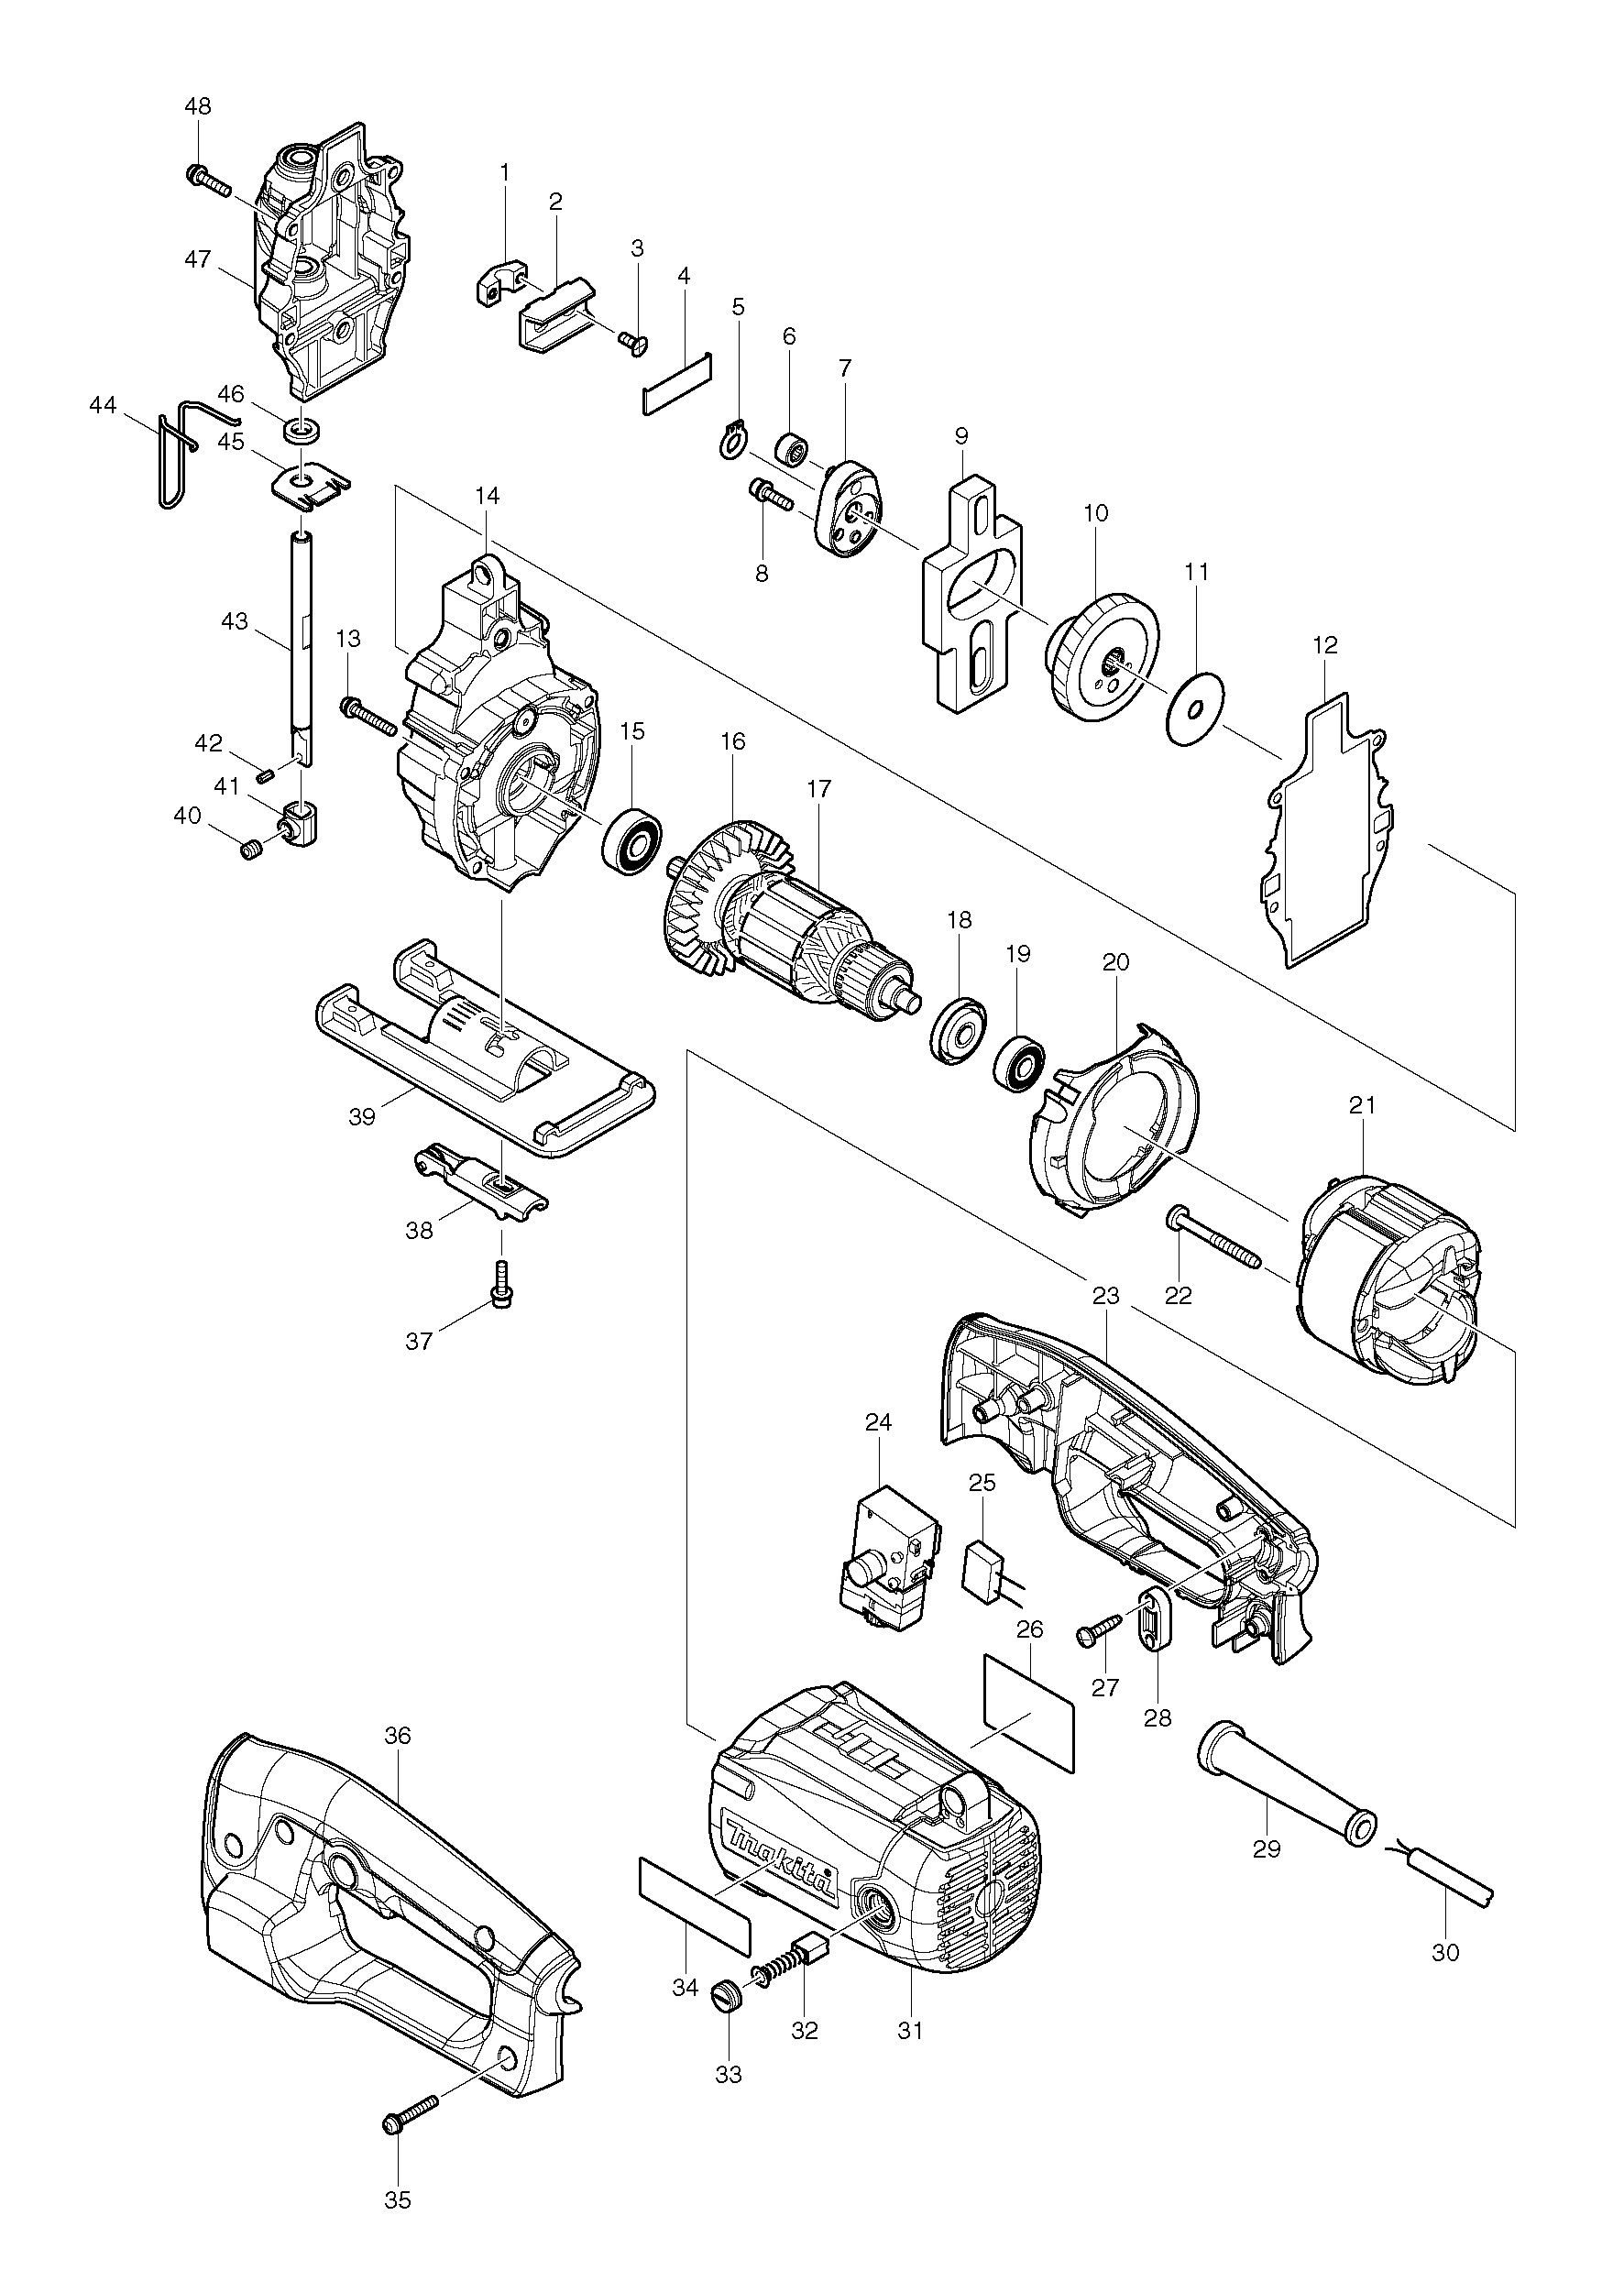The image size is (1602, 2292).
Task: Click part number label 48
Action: [198, 105]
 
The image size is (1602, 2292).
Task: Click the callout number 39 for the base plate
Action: [362, 1116]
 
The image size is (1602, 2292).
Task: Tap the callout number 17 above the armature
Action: [818, 789]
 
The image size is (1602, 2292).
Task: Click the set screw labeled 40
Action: [253, 850]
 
